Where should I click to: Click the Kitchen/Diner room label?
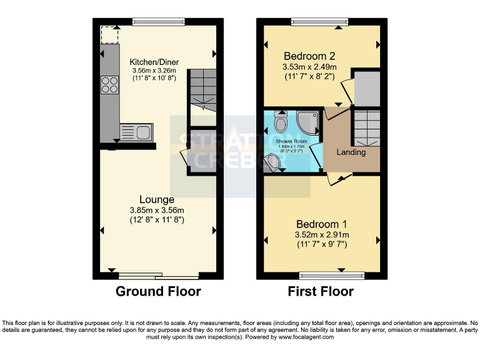tap(154, 62)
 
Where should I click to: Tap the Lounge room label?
tap(157, 200)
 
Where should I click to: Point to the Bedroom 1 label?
tap(322, 224)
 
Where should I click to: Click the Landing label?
tap(351, 152)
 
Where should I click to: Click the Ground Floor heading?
tap(158, 291)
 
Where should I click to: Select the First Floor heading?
tap(321, 291)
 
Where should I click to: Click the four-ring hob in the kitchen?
tap(109, 84)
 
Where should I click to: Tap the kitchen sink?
tap(136, 132)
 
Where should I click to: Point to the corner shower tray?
tap(307, 121)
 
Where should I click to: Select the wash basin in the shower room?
tap(272, 162)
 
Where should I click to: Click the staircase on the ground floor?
tap(202, 87)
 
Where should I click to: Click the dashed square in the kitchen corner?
tap(109, 35)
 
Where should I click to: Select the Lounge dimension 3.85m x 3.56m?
tap(157, 211)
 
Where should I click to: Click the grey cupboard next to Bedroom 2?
tap(367, 87)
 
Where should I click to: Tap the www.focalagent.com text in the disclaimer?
tap(306, 337)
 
